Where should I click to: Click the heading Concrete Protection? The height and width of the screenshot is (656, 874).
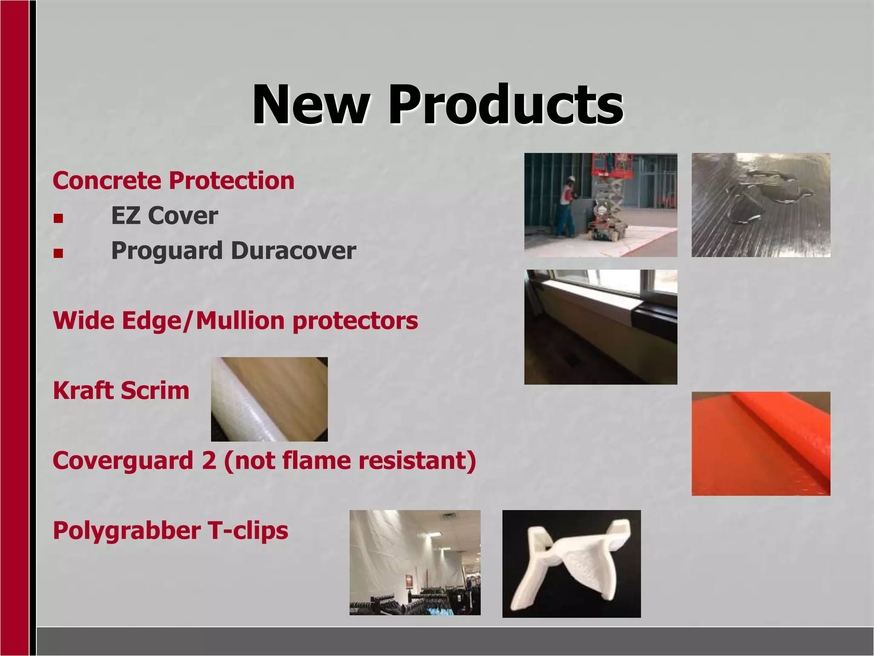coord(173,181)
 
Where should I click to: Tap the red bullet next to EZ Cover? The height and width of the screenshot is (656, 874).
coord(58,219)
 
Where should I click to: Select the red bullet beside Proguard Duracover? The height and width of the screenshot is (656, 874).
coord(58,254)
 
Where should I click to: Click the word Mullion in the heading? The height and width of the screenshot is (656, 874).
coord(240,321)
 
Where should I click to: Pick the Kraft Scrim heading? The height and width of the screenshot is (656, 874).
coord(121,391)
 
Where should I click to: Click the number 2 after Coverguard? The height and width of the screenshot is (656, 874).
coord(209,461)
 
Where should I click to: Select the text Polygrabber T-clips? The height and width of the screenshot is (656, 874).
coord(170,531)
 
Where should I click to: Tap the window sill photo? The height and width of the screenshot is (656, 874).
coord(600,327)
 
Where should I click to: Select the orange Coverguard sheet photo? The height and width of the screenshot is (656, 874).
coord(760,443)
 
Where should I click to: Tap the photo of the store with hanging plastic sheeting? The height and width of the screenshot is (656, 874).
coord(415,562)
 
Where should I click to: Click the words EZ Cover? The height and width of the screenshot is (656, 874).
coord(164,216)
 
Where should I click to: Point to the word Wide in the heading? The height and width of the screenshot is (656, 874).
coord(84,321)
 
